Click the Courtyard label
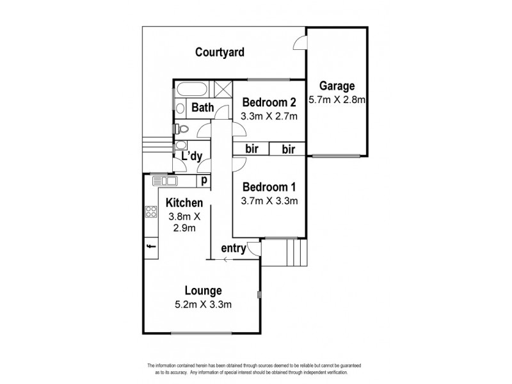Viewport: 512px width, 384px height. (x=220, y=52)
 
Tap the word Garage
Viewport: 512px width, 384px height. (x=337, y=86)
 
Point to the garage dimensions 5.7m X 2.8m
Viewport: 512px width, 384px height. (x=337, y=100)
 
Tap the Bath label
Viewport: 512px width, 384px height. (x=202, y=108)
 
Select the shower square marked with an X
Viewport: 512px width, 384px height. (x=223, y=89)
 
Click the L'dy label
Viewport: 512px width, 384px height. (x=193, y=156)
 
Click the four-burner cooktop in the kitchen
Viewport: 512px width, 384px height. (x=151, y=212)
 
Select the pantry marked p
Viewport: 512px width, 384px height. (x=204, y=181)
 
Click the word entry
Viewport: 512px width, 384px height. (x=234, y=249)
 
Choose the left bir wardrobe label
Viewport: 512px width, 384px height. (x=251, y=149)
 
